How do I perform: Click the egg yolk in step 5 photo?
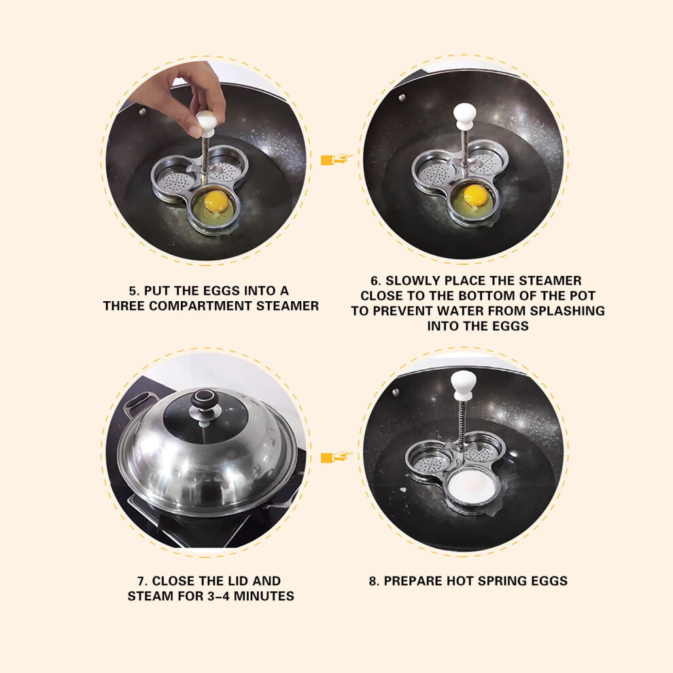(x=216, y=201)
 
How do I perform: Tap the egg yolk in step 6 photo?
(x=476, y=194)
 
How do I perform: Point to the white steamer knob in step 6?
(x=464, y=116)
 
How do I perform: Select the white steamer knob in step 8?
(x=463, y=384)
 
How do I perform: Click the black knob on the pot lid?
(x=205, y=400)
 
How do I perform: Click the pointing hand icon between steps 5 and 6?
(x=336, y=160)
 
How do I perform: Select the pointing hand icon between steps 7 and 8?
(x=336, y=458)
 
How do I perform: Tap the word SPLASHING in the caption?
(x=567, y=311)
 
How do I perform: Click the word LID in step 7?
(x=238, y=581)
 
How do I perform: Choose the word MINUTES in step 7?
(x=264, y=596)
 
